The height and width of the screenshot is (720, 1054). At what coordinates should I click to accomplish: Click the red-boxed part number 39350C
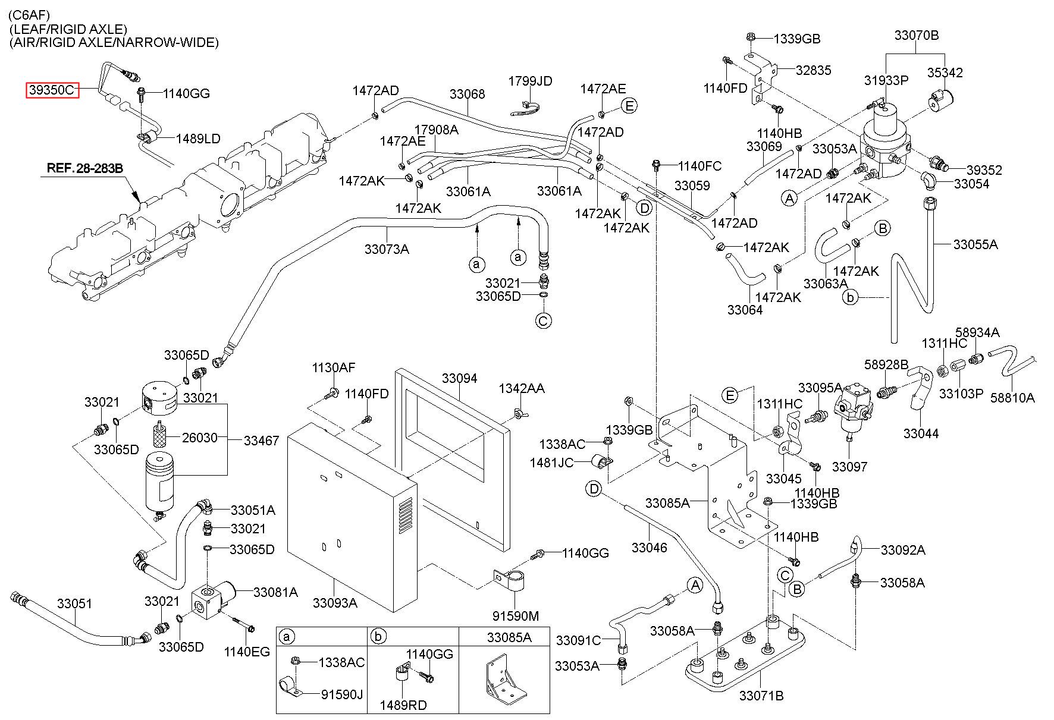tap(52, 90)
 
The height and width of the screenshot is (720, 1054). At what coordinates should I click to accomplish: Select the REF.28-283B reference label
tap(84, 168)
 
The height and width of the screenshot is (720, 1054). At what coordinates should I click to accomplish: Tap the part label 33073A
tap(387, 249)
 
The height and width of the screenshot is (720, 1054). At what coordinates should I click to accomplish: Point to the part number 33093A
tap(335, 603)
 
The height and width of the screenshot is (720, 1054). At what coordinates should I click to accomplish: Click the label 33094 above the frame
tap(459, 379)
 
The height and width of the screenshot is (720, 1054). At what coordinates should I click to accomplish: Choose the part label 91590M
tap(516, 615)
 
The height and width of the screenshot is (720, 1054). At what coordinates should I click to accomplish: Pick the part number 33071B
tap(761, 695)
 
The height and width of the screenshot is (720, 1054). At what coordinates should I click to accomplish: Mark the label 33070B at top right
tap(917, 35)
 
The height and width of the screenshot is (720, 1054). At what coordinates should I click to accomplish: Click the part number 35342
tap(945, 73)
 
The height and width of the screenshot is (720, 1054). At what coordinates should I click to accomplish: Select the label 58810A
tap(1012, 398)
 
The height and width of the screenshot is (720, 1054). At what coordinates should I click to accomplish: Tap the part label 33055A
tap(975, 244)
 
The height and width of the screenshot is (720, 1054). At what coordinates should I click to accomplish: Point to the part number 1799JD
tap(530, 81)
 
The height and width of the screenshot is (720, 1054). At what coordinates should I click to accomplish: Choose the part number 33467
tap(261, 441)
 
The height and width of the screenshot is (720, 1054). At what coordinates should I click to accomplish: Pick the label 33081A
tap(275, 592)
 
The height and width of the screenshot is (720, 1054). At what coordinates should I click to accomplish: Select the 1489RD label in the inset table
tap(403, 705)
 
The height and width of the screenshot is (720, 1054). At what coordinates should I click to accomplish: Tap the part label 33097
tap(849, 467)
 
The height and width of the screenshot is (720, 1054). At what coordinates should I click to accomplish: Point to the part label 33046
tap(649, 547)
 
